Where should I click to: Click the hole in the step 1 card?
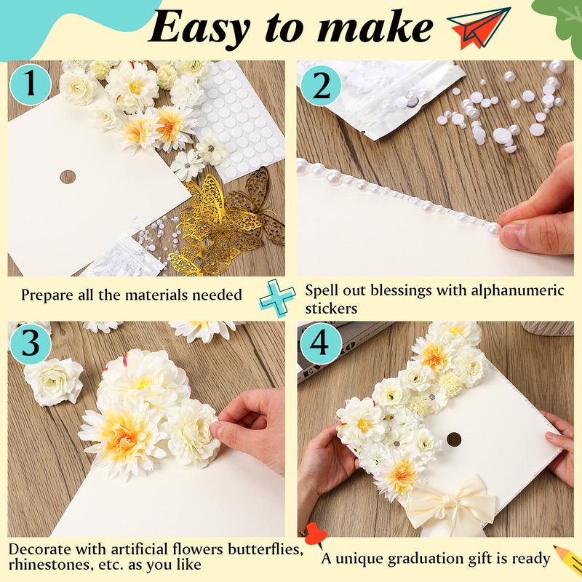coord(68,176)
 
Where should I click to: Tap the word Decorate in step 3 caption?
coord(41,549)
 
